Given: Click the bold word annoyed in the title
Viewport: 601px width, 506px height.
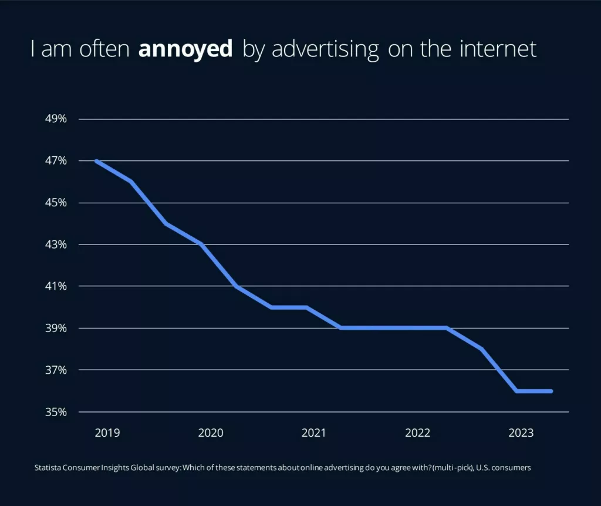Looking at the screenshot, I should pos(185,49).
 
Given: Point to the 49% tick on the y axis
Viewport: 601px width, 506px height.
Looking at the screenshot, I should pos(56,119).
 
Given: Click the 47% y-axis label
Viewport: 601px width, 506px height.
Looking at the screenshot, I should pos(56,160).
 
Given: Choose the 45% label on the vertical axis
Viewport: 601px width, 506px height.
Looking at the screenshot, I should pos(56,203).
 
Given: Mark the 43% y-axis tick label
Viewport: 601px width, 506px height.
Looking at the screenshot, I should pos(56,244).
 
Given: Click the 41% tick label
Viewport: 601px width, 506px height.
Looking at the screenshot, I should pos(56,286).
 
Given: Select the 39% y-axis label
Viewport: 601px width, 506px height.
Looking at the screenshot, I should pos(56,328).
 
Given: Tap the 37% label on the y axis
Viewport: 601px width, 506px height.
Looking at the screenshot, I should pos(56,370).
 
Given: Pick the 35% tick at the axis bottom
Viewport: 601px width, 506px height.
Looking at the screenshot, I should pos(56,412).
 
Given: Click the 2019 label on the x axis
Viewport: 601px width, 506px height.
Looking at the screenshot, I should pos(107,433).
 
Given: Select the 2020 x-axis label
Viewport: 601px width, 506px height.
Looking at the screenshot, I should pos(211,433).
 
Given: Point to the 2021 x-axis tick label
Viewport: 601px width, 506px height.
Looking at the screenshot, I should pos(314,433).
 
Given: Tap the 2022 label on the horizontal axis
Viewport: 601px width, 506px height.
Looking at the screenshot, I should pos(418,433).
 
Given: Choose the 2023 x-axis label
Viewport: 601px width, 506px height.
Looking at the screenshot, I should pos(521,433).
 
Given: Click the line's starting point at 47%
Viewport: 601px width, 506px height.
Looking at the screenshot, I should pos(96,161).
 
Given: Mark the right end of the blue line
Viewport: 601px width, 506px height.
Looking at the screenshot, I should pos(551,391).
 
